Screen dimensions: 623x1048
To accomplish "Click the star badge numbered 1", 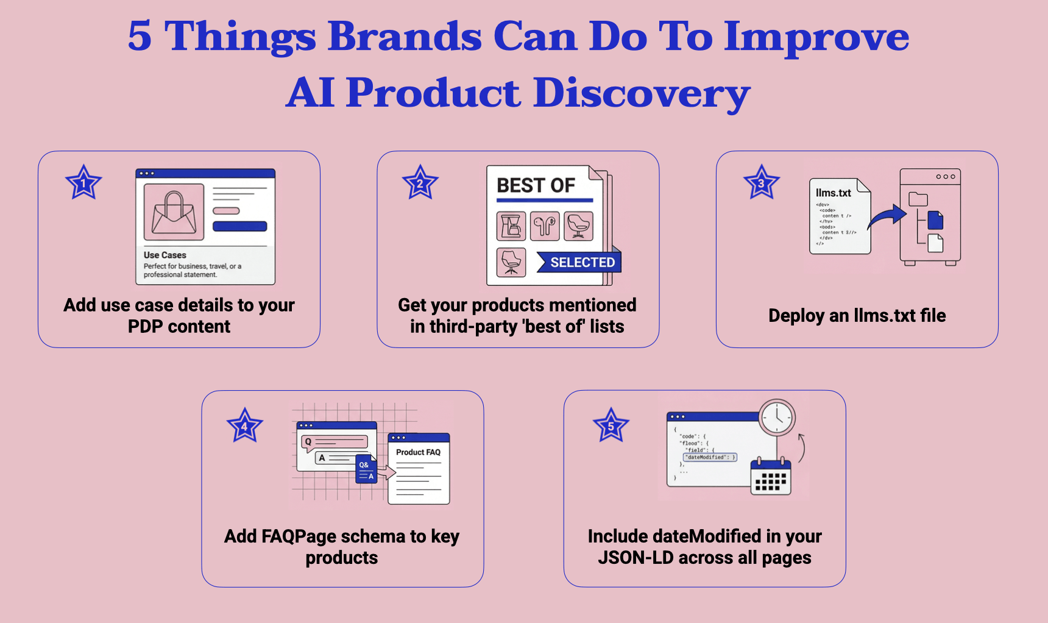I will (83, 183).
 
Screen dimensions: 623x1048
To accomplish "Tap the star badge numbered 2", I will (420, 183).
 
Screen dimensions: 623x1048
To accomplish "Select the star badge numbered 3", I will (761, 183).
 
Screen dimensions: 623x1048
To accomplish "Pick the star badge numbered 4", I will (244, 426).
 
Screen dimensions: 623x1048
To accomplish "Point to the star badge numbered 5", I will (611, 426).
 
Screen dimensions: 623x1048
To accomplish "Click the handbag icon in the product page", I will (174, 212).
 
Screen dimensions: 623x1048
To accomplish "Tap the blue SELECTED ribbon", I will (579, 262).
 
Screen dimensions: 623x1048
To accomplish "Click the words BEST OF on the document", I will (536, 185).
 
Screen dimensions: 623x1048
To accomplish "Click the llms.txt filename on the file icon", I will (833, 193).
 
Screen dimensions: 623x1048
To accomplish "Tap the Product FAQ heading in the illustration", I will (418, 452).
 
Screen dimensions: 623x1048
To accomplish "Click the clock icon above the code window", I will (777, 417).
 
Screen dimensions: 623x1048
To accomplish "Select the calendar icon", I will (770, 477).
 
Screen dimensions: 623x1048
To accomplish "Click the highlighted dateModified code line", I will (710, 457).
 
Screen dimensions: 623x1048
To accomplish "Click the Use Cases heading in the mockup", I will (165, 255).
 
